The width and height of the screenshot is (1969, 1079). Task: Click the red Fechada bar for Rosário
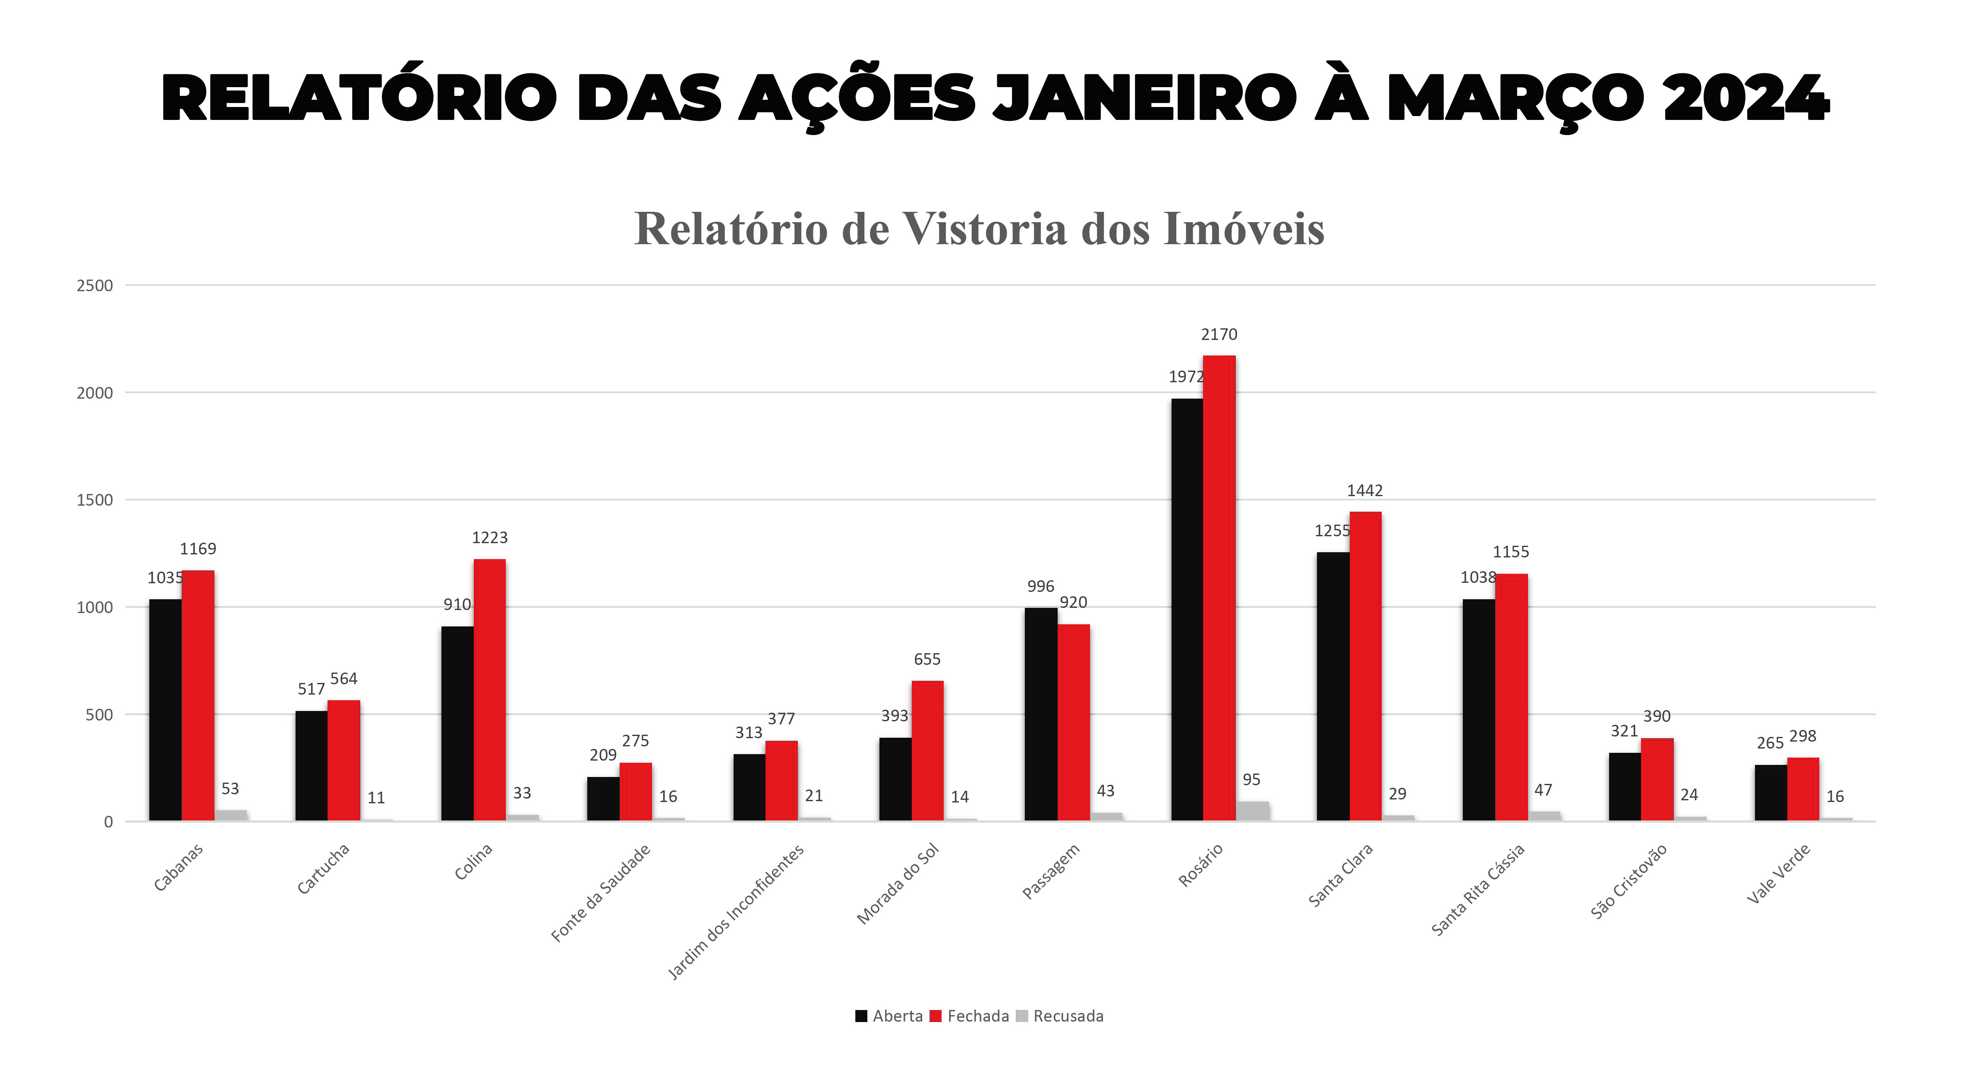pos(1219,588)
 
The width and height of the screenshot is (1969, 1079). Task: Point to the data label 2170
pos(1219,335)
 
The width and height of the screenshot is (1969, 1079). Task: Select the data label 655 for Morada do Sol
pos(927,660)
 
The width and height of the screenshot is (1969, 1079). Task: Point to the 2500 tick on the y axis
pos(95,286)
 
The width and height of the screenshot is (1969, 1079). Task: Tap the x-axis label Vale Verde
pos(1778,874)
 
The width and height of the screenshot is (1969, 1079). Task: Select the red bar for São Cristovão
pos(1657,780)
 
